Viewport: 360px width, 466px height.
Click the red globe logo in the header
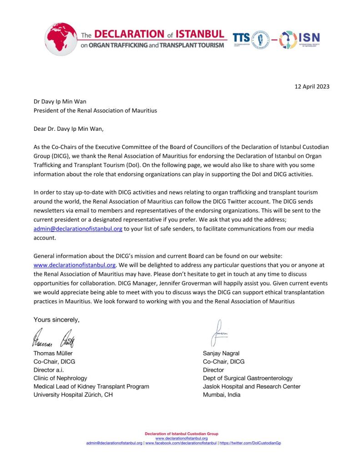point(62,38)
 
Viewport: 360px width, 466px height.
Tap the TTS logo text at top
point(241,38)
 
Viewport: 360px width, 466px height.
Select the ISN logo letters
point(309,38)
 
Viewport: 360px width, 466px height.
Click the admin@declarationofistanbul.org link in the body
point(78,229)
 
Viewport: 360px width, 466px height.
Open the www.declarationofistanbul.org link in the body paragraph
point(75,264)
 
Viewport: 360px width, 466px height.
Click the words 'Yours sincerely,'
point(56,319)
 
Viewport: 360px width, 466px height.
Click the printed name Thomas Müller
point(53,353)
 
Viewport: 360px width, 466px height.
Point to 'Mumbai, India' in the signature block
point(222,394)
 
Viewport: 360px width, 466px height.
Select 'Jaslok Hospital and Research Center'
point(252,386)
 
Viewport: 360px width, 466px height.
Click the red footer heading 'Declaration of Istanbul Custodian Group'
point(181,434)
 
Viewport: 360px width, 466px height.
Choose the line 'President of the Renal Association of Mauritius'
point(95,110)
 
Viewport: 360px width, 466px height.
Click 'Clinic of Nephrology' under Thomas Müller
point(60,378)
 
